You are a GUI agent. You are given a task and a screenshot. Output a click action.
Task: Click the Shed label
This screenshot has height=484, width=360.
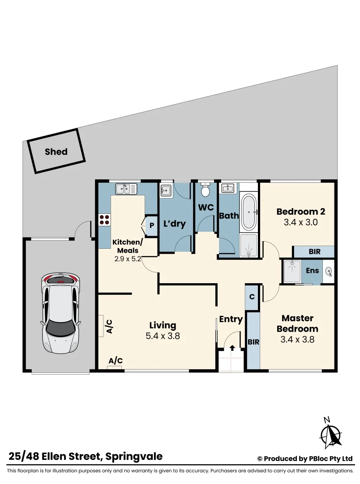56,151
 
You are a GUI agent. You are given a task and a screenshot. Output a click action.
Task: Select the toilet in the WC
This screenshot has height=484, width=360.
206,190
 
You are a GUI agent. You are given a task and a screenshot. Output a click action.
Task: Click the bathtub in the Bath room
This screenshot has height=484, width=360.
249,212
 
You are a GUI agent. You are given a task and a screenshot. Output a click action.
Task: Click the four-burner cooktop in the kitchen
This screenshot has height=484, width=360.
104,220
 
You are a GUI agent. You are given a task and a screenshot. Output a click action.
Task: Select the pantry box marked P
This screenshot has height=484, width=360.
151,225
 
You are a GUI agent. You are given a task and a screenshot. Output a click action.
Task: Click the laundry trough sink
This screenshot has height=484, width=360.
166,190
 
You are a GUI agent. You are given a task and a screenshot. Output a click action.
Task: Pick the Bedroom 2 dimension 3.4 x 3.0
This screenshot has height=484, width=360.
300,222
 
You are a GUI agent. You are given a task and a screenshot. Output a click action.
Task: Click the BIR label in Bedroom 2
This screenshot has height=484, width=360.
314,252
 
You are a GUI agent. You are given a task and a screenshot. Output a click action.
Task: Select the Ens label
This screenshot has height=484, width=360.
312,271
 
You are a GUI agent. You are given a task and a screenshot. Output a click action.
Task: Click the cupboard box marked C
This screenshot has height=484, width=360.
252,296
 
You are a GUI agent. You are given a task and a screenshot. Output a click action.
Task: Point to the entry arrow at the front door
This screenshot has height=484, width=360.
232,348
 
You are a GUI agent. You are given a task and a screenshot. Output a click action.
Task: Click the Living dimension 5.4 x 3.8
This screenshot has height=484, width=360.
163,336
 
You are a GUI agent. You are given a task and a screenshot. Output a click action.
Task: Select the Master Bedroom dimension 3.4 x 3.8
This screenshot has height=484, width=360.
297,340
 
